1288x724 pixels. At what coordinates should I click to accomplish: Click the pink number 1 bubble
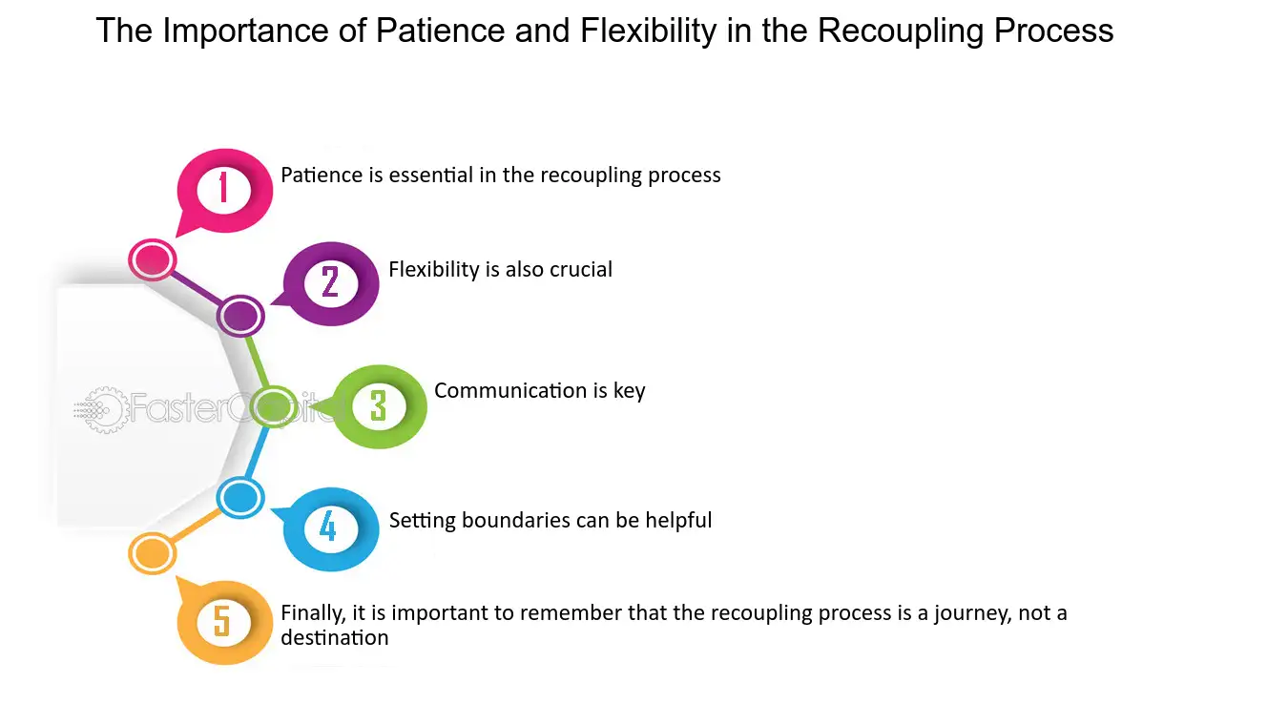[x=224, y=189]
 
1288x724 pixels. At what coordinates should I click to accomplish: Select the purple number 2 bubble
[x=331, y=282]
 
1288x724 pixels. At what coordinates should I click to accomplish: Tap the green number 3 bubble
[x=379, y=406]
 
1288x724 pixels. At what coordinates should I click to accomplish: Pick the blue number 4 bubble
[x=329, y=527]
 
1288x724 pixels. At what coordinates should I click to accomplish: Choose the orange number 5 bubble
[x=222, y=621]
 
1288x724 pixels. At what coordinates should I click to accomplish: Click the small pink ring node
[x=153, y=259]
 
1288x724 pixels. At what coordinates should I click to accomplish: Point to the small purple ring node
[x=240, y=316]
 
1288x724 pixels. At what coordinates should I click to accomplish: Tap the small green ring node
[x=273, y=406]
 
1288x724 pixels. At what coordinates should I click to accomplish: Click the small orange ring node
[x=152, y=553]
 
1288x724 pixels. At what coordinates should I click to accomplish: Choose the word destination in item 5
[x=334, y=637]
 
